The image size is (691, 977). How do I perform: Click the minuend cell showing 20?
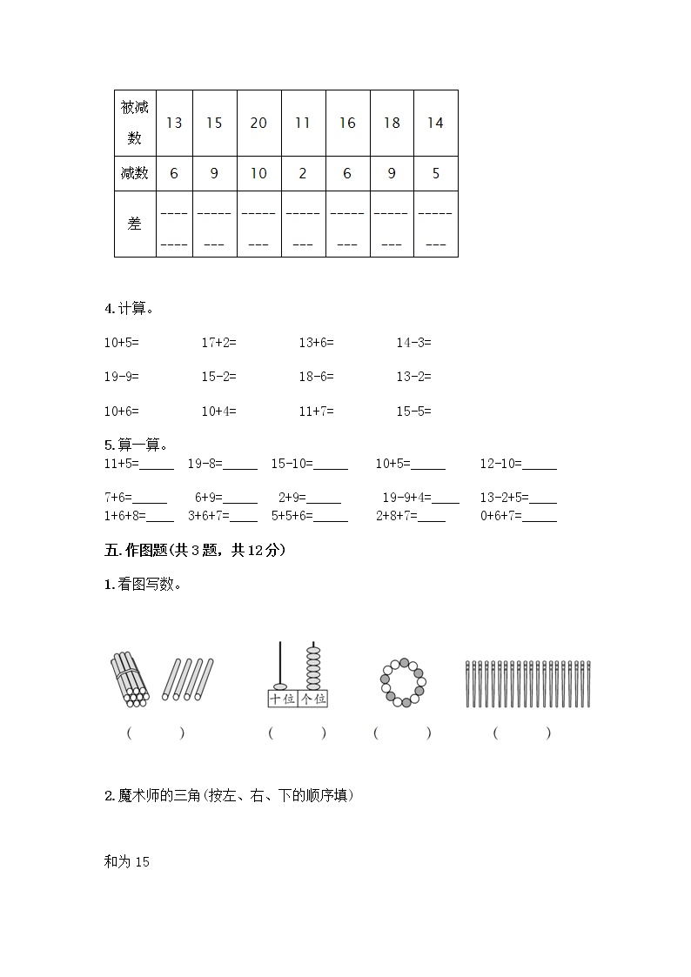pos(258,123)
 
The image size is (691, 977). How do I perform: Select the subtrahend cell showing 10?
pos(258,173)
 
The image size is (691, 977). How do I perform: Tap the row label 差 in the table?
pos(135,224)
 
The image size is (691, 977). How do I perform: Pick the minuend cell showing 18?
pos(392,123)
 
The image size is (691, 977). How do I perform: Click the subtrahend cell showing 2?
pos(303,173)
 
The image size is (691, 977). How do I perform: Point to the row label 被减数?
pos(135,123)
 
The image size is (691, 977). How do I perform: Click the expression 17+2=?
pos(218,343)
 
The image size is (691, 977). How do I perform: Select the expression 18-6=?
pos(316,377)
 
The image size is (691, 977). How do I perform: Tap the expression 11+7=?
pos(316,411)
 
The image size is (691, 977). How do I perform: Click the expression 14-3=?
pos(413,343)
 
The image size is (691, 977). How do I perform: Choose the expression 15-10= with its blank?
pos(309,464)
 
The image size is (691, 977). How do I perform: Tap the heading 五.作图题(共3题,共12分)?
pos(194,550)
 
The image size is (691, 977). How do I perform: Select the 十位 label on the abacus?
pos(282,699)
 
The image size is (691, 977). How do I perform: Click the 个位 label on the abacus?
pos(312,699)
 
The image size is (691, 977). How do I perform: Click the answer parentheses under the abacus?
pos(297,733)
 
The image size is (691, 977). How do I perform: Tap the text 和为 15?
pos(127,861)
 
